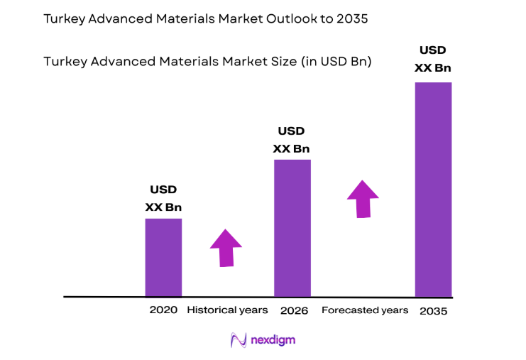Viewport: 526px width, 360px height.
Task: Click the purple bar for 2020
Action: pyautogui.click(x=163, y=257)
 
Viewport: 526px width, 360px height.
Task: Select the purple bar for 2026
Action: pyautogui.click(x=292, y=228)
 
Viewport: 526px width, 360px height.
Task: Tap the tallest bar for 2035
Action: pyautogui.click(x=433, y=189)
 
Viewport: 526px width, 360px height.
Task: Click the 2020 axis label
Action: pyautogui.click(x=163, y=310)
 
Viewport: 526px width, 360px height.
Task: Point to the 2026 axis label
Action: pyautogui.click(x=294, y=310)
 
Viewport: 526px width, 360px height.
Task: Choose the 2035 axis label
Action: pyautogui.click(x=434, y=311)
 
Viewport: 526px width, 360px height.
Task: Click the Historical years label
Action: pyautogui.click(x=227, y=310)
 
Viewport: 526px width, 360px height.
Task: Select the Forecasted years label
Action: pyautogui.click(x=365, y=310)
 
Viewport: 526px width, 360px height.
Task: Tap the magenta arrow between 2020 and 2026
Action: pyautogui.click(x=226, y=248)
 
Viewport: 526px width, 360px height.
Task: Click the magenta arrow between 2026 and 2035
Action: pyautogui.click(x=363, y=199)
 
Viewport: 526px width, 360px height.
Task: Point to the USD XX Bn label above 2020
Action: pyautogui.click(x=163, y=199)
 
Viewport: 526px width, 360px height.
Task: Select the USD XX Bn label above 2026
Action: pyautogui.click(x=292, y=140)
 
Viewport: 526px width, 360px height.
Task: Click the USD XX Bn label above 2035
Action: pyautogui.click(x=433, y=59)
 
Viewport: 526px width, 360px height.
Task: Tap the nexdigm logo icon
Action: pyautogui.click(x=238, y=340)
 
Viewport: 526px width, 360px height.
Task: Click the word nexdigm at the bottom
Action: pyautogui.click(x=273, y=340)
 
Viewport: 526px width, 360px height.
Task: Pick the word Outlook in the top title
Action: pyautogui.click(x=265, y=19)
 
